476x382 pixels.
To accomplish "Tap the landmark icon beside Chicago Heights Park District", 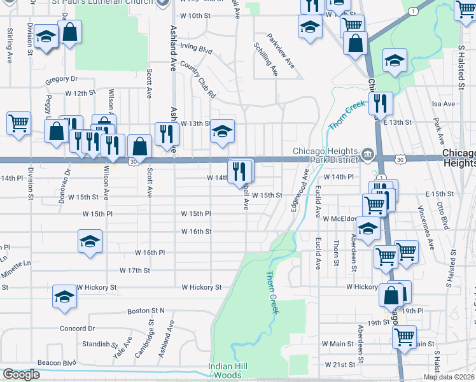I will pyautogui.click(x=368, y=155).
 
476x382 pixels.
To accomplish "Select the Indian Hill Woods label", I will pyautogui.click(x=226, y=371).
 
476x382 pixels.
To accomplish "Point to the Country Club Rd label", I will pyautogui.click(x=199, y=79).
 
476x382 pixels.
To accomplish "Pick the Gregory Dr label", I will pyautogui.click(x=60, y=80).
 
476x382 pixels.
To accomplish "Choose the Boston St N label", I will pyautogui.click(x=146, y=311).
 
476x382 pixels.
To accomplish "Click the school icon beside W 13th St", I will pyautogui.click(x=222, y=130).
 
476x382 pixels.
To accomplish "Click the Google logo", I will pyautogui.click(x=21, y=374).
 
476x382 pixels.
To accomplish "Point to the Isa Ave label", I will pyautogui.click(x=438, y=103).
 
